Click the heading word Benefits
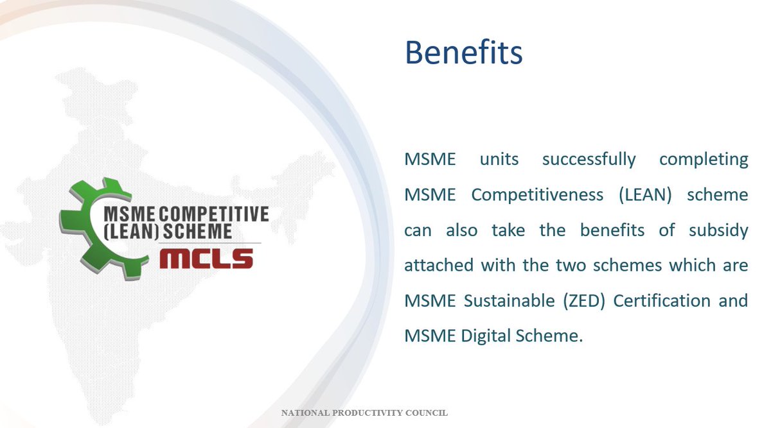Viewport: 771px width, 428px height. pos(463,53)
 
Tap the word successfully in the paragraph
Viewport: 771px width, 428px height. pos(589,159)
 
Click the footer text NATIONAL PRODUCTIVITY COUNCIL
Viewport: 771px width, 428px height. pos(364,413)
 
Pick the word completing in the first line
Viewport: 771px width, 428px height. pos(704,159)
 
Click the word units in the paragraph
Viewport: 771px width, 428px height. pos(499,159)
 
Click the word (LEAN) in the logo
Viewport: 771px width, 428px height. pos(130,231)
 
